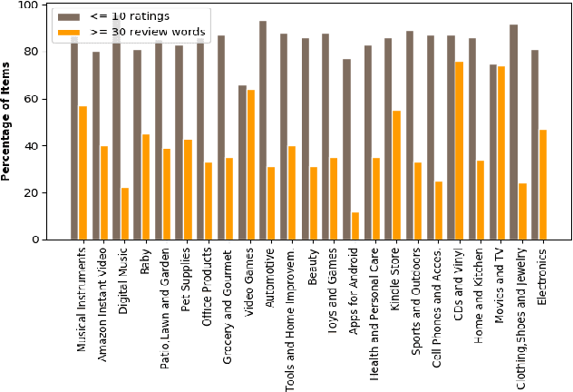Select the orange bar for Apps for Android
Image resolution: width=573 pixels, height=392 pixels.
click(355, 226)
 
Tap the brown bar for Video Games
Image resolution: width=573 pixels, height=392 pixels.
click(242, 162)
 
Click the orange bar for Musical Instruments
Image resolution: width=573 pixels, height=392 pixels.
click(83, 173)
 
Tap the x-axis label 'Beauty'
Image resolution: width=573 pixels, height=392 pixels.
click(314, 265)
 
